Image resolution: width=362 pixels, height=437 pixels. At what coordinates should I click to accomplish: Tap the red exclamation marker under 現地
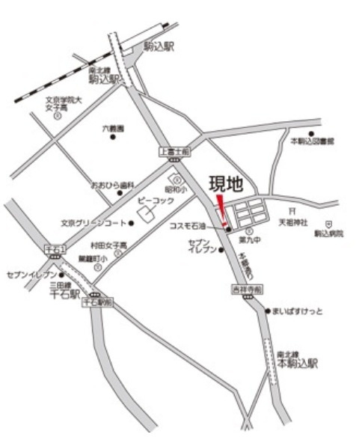click(221, 209)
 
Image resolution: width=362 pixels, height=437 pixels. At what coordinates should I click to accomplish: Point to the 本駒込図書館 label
click(312, 141)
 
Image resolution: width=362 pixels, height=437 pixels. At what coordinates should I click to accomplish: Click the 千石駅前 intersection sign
click(96, 302)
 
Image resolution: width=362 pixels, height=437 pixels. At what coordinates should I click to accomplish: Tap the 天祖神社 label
click(294, 222)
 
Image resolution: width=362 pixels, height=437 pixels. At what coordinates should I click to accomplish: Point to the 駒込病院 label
click(328, 233)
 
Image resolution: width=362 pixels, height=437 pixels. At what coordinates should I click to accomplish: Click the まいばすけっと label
click(298, 311)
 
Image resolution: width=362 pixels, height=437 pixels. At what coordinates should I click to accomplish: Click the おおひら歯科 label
click(112, 184)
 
